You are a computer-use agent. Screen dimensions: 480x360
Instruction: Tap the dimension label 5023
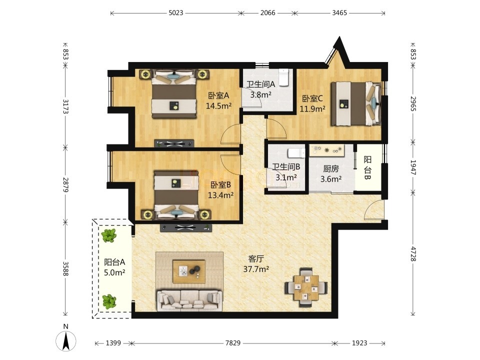coord(175,13)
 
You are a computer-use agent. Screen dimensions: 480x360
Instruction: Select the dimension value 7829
coord(233,343)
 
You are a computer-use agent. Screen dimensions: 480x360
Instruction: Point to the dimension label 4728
coord(413,254)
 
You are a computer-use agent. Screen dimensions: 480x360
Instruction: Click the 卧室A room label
coord(218,96)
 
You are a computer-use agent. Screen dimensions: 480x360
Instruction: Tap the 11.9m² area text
coord(312,108)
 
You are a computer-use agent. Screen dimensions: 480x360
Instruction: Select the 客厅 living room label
coord(256,259)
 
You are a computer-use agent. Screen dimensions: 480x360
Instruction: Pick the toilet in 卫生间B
coord(296,153)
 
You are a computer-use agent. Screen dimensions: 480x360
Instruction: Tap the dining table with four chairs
coord(306,287)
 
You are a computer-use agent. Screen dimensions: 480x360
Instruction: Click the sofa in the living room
coord(189,300)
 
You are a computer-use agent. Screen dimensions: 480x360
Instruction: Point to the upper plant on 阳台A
coord(108,235)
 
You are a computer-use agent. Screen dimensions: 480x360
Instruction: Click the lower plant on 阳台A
coord(109,301)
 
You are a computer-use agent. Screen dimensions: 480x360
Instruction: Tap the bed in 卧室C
coord(356,103)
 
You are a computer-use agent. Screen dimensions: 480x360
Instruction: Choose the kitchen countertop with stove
coord(327,150)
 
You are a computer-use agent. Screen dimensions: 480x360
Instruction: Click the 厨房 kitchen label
coord(331,168)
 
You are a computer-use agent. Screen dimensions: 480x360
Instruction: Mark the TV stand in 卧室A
coord(174,143)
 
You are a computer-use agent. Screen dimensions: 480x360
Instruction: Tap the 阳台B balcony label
coord(367,168)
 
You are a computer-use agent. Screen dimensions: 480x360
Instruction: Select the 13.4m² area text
coord(220,195)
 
